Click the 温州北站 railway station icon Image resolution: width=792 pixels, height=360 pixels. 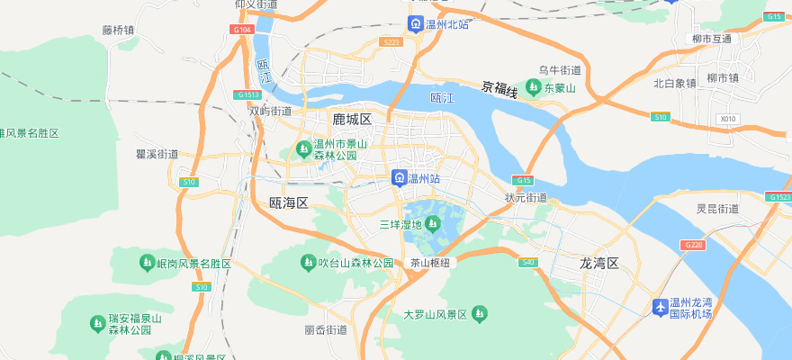coord(415,24)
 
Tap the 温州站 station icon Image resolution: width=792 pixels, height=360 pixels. coord(399,179)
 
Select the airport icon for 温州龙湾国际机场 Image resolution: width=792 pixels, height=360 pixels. coord(661,308)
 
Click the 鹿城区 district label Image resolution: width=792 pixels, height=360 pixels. coord(351,119)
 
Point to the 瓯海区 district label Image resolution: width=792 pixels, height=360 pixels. coord(289,203)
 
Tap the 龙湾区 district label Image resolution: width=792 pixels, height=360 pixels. coord(599,263)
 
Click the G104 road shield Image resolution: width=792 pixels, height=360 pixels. coord(240,30)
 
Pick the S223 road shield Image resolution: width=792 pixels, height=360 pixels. coord(391,41)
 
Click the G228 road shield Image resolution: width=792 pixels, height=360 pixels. coord(693,246)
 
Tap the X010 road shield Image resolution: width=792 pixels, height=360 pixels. coord(727,119)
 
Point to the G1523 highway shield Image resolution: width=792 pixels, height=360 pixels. coord(778,197)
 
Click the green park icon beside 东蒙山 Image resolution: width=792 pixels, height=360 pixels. coord(534,87)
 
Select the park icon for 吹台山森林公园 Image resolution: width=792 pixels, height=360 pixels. coord(306,263)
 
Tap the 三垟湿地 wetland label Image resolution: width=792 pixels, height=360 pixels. coord(400,224)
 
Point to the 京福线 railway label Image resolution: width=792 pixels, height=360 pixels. coord(499,87)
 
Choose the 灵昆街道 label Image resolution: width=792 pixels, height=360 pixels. coord(717,209)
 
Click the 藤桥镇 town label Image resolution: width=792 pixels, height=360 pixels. coord(118,30)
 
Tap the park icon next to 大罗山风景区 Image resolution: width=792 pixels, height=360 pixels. coord(480,314)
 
